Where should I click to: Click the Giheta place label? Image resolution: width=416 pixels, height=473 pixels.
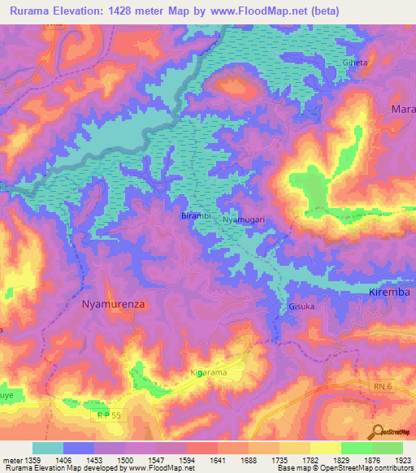(x=379, y=62)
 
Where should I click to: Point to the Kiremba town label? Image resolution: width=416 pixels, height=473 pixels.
(x=388, y=291)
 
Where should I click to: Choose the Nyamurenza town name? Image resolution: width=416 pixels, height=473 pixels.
(x=114, y=304)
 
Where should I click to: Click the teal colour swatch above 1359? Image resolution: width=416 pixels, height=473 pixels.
(x=48, y=448)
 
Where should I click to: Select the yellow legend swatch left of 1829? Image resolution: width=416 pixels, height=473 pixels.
(x=326, y=448)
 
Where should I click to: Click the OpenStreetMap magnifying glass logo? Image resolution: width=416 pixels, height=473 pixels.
(x=376, y=431)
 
